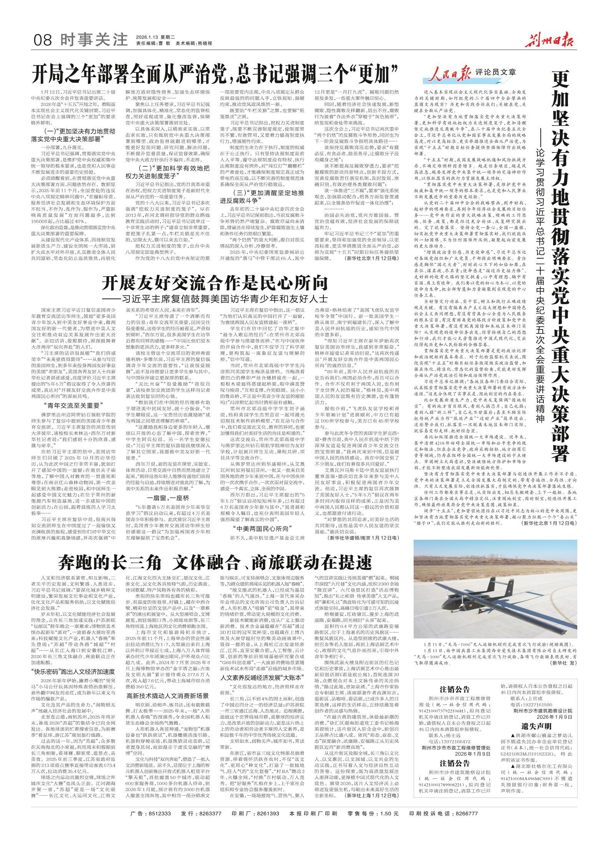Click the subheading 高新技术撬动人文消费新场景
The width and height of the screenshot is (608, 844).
click(167, 685)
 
